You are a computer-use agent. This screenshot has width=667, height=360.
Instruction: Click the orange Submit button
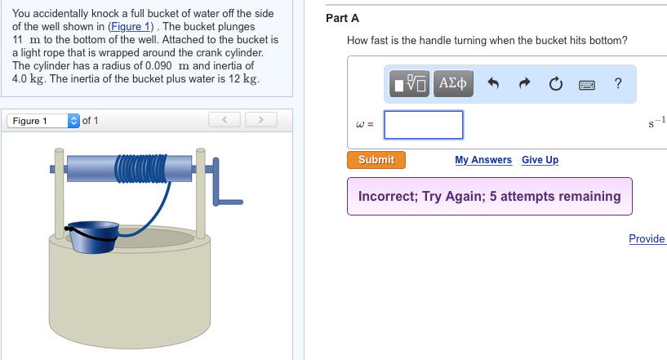pyautogui.click(x=376, y=160)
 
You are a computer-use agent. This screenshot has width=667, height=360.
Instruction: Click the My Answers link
pyautogui.click(x=483, y=160)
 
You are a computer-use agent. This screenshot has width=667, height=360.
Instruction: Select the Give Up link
pyautogui.click(x=540, y=160)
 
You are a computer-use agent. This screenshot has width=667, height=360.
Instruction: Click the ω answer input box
pyautogui.click(x=424, y=125)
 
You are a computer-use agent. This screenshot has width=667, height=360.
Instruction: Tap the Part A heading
pyautogui.click(x=342, y=18)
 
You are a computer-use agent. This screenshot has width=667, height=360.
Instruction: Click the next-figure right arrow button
pyautogui.click(x=260, y=121)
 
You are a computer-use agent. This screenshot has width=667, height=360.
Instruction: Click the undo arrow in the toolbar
pyautogui.click(x=493, y=83)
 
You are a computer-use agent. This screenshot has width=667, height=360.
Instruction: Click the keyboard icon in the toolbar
pyautogui.click(x=587, y=83)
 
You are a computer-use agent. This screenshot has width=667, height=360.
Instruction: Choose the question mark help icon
pyautogui.click(x=618, y=83)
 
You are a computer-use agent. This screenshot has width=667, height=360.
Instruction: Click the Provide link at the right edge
pyautogui.click(x=647, y=238)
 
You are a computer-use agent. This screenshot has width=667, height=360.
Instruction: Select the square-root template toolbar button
pyautogui.click(x=409, y=83)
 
